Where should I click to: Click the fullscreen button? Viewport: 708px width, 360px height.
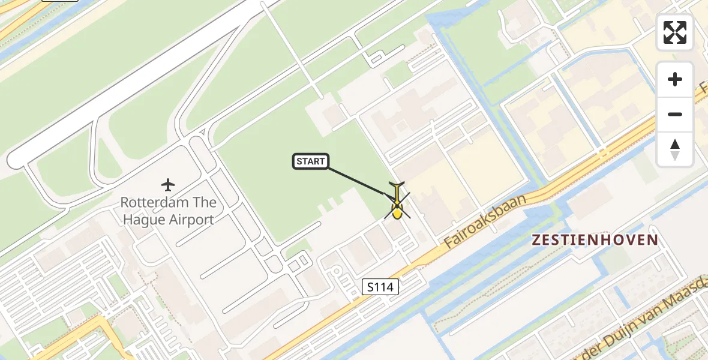(x=675, y=32)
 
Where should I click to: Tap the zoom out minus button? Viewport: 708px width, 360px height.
(x=675, y=114)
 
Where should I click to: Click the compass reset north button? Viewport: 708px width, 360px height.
(x=675, y=149)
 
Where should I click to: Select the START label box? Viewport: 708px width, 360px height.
(x=310, y=161)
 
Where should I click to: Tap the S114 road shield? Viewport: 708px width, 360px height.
(x=380, y=287)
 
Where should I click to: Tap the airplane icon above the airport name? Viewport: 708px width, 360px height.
(x=168, y=184)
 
